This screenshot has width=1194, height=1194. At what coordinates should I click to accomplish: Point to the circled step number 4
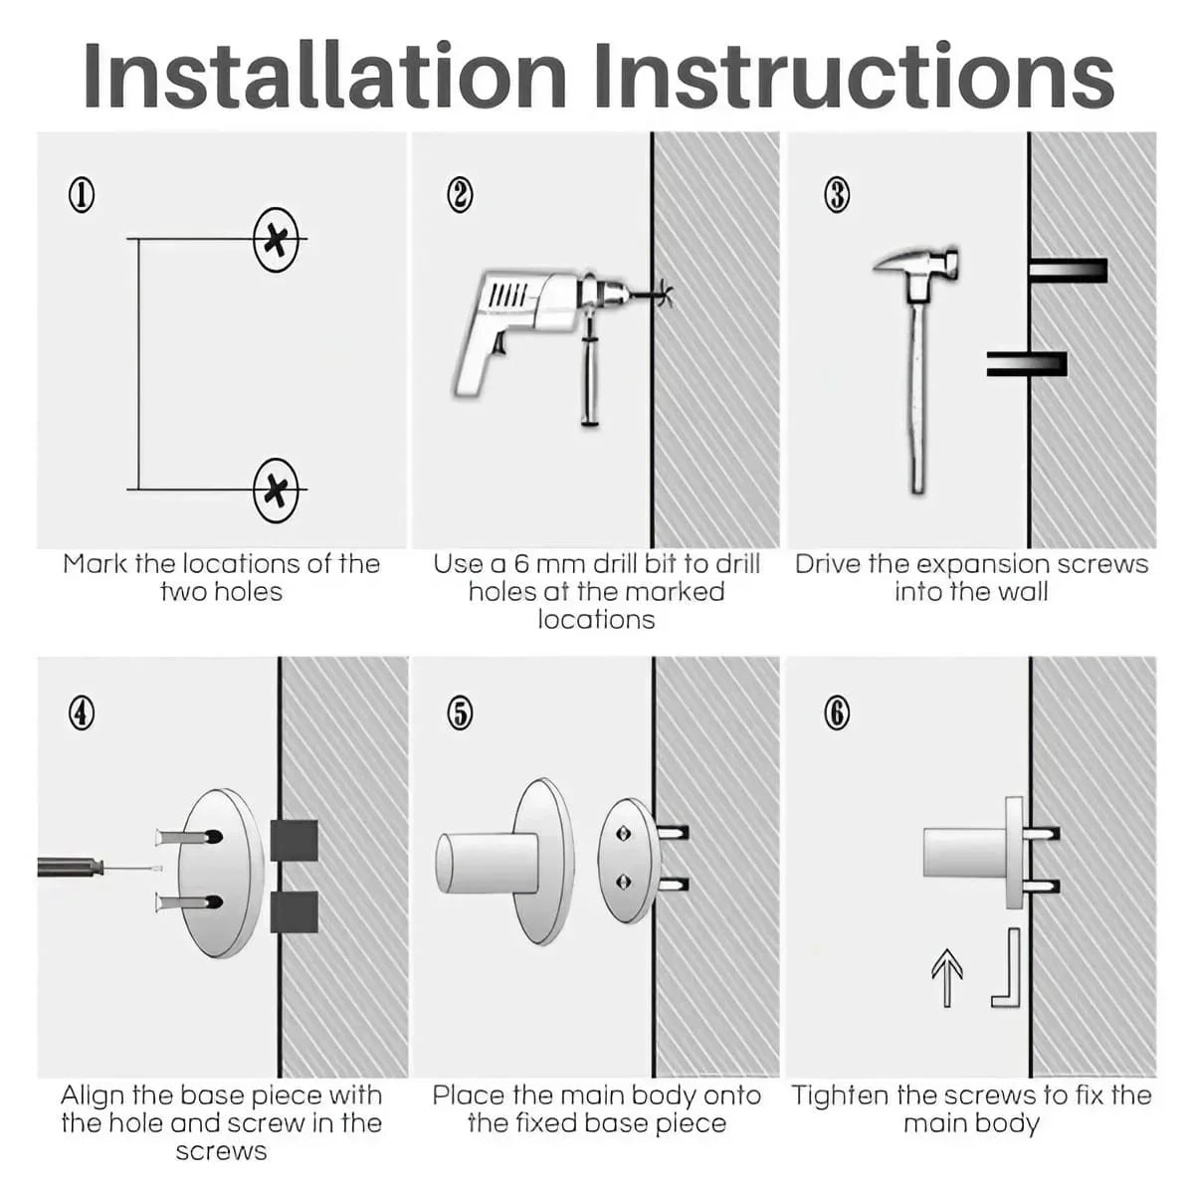(82, 712)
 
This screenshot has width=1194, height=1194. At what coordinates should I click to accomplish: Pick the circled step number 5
(459, 712)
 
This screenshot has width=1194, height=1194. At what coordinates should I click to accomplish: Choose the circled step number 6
(837, 712)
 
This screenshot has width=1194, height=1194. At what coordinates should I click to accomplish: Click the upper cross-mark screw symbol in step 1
(276, 240)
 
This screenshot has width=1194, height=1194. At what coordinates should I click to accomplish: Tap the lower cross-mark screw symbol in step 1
(276, 490)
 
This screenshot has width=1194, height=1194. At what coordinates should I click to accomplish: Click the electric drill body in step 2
(517, 308)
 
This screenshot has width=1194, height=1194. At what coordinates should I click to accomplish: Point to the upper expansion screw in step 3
(1067, 271)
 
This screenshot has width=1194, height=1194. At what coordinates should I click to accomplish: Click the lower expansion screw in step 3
(1027, 364)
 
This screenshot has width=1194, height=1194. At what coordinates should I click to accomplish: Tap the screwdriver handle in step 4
(70, 867)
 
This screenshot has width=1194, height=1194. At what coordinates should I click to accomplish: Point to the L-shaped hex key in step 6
(1008, 970)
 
